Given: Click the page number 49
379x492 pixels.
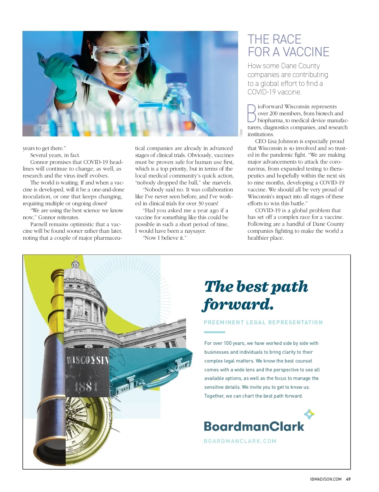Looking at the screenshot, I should click(x=348, y=479).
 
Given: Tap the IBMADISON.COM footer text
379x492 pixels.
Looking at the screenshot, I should click(x=326, y=479).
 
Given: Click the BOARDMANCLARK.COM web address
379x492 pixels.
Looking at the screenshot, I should click(x=240, y=441).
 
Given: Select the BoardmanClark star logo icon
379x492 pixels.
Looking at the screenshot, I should click(x=309, y=414).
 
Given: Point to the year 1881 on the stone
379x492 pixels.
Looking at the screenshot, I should click(x=86, y=386).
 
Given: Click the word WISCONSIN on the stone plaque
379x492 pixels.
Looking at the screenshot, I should click(x=87, y=360).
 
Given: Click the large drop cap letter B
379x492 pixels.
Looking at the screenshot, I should click(x=252, y=113).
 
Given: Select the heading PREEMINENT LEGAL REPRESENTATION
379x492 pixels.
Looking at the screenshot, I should click(x=263, y=322).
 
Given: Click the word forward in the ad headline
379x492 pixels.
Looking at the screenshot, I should click(x=238, y=304).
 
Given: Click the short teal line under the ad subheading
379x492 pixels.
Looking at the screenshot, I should click(x=214, y=332).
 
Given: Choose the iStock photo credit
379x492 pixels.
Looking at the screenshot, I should click(x=241, y=132).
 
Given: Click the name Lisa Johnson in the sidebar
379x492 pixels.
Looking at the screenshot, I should click(x=283, y=141).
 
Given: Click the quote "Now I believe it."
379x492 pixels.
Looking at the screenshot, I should click(x=165, y=238).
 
